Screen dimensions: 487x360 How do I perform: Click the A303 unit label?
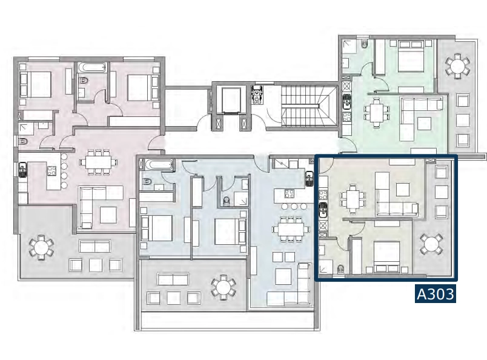(436, 294)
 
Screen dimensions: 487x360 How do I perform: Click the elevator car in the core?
(229, 100)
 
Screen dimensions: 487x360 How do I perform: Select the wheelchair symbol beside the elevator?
(257, 94)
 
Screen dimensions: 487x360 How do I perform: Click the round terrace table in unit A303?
(431, 244)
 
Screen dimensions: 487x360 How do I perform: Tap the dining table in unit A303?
(353, 199)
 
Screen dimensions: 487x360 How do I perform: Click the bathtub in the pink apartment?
(92, 67)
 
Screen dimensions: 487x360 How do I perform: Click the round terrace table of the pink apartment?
(41, 247)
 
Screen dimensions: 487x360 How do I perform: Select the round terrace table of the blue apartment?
(224, 287)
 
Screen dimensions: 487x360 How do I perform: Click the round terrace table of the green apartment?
(457, 66)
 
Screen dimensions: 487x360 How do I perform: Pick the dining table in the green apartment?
(376, 113)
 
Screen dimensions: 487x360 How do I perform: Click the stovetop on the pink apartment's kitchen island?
(51, 170)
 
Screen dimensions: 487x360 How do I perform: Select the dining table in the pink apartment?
(99, 162)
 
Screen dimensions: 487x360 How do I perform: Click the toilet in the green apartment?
(364, 44)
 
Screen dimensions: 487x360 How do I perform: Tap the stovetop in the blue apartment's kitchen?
(290, 194)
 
